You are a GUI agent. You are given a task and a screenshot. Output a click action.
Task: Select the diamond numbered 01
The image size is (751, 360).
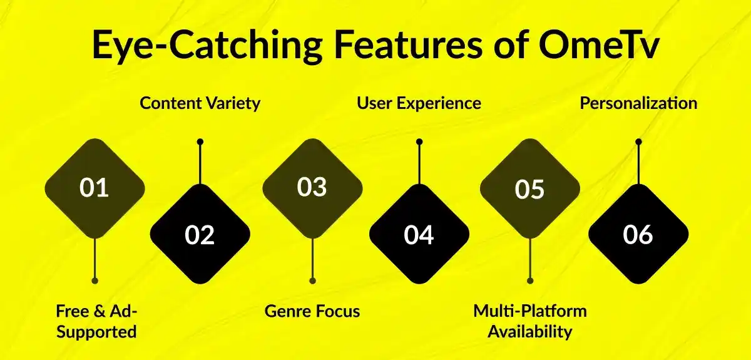tap(94, 188)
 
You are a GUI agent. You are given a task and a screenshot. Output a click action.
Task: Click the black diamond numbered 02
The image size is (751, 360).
tap(200, 234)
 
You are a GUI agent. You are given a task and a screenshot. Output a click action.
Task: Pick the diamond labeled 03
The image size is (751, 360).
tap(312, 188)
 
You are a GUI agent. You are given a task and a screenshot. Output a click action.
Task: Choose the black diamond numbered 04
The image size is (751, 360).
tap(419, 234)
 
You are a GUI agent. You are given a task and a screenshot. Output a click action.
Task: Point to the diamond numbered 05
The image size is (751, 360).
tap(529, 188)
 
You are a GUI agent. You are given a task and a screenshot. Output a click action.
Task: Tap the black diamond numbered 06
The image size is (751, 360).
tap(638, 234)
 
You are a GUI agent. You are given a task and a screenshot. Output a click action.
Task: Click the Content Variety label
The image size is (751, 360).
tap(200, 103)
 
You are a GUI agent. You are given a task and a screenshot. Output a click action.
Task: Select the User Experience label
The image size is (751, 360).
tap(419, 103)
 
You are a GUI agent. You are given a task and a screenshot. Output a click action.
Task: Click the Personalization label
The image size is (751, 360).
tap(638, 103)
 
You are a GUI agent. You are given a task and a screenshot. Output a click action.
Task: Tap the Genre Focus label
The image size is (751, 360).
tap(312, 311)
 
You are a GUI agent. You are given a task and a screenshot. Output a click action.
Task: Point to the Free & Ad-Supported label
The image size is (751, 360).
tap(96, 321)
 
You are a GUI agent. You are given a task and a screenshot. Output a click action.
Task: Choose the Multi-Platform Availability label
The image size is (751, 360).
tap(529, 321)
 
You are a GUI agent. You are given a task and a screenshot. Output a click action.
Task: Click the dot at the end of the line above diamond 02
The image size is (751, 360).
tap(200, 141)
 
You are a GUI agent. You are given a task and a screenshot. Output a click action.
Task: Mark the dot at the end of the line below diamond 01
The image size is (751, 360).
tap(95, 280)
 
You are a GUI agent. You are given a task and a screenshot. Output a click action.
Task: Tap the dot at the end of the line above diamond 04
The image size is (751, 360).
tap(419, 141)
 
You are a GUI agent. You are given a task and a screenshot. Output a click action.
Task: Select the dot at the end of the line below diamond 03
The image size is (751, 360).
tap(312, 280)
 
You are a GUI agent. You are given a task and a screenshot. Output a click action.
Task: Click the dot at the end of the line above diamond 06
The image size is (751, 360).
tap(638, 141)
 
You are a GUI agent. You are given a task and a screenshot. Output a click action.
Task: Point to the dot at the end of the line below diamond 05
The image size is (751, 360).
tap(530, 280)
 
